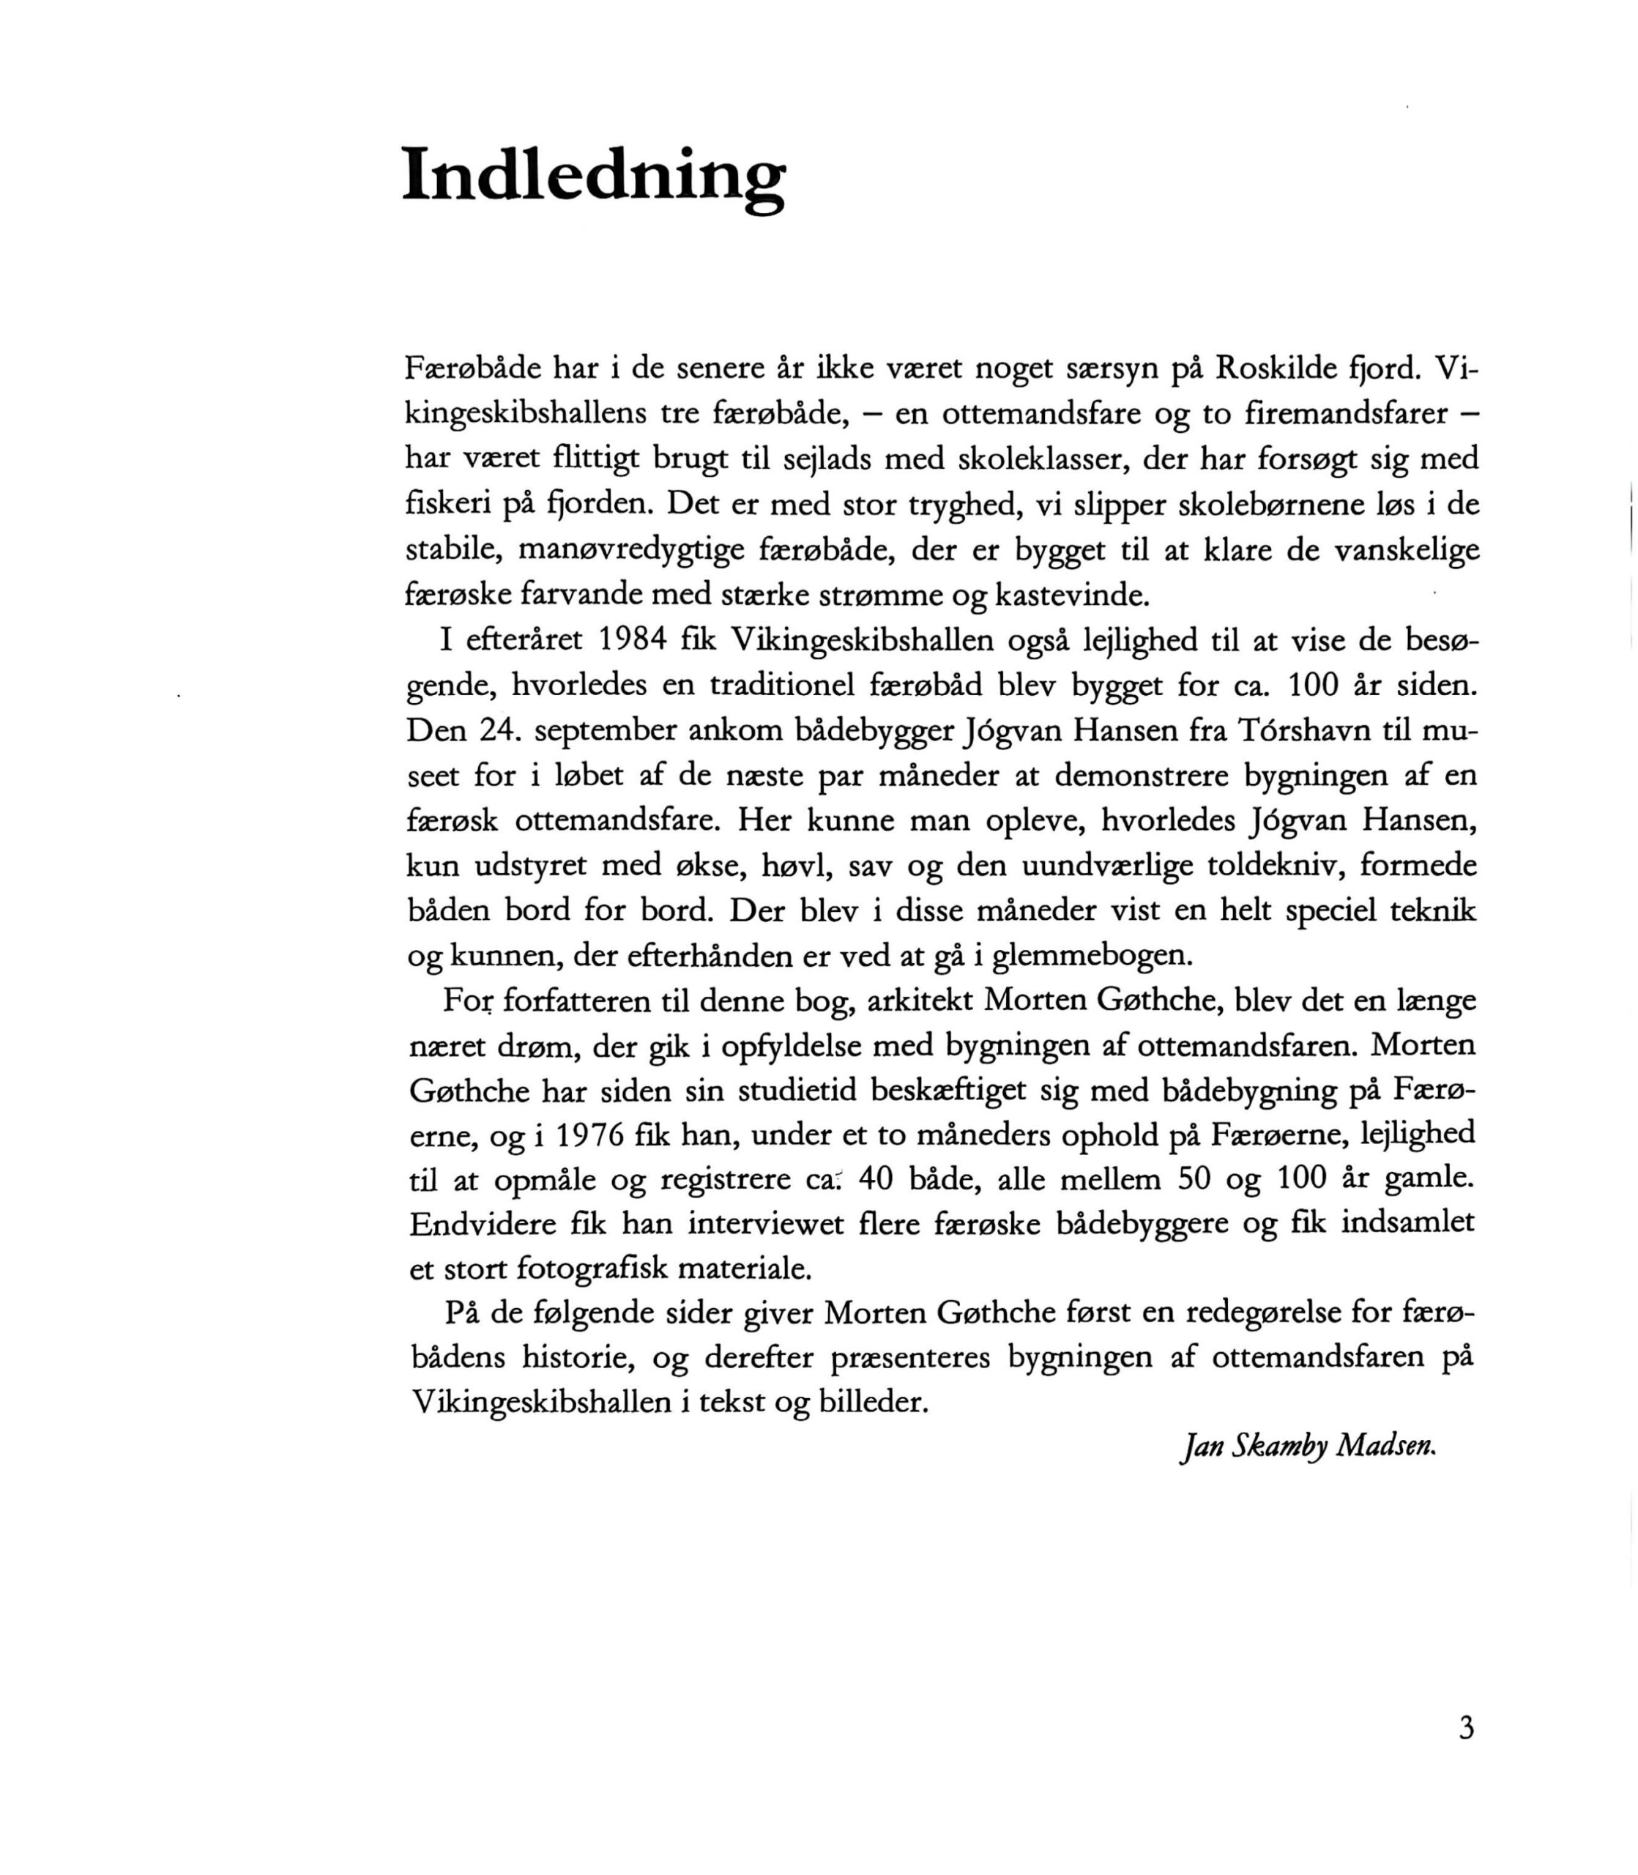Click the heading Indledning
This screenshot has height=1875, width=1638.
(x=593, y=176)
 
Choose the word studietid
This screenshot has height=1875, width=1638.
(x=794, y=1091)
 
